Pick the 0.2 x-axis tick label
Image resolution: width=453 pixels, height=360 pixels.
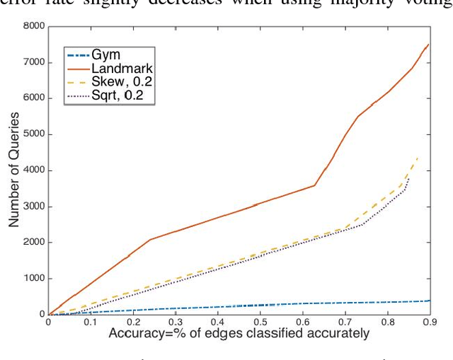tap(133, 323)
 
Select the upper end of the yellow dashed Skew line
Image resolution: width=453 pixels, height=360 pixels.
tap(418, 156)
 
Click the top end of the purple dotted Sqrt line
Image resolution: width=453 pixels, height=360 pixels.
tap(409, 177)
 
